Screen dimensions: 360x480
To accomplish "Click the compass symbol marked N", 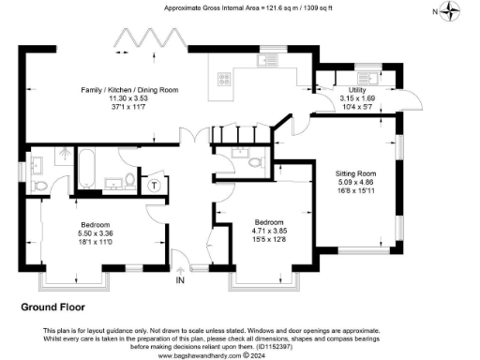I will click(x=454, y=11).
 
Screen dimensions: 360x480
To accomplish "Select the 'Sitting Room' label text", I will click(x=357, y=173).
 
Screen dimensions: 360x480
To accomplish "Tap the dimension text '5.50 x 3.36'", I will click(x=96, y=232).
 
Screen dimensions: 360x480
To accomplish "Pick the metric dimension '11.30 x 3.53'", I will click(x=130, y=97).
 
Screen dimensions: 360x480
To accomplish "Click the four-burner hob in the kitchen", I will click(x=226, y=81).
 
